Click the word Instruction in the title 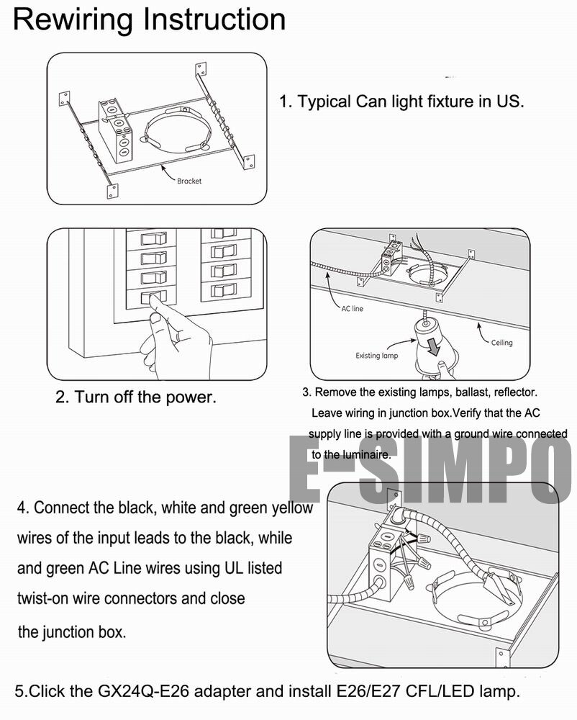point(214,19)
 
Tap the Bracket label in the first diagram point(189,181)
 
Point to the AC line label point(352,308)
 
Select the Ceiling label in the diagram point(501,343)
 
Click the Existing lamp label point(376,356)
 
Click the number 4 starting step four point(22,508)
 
